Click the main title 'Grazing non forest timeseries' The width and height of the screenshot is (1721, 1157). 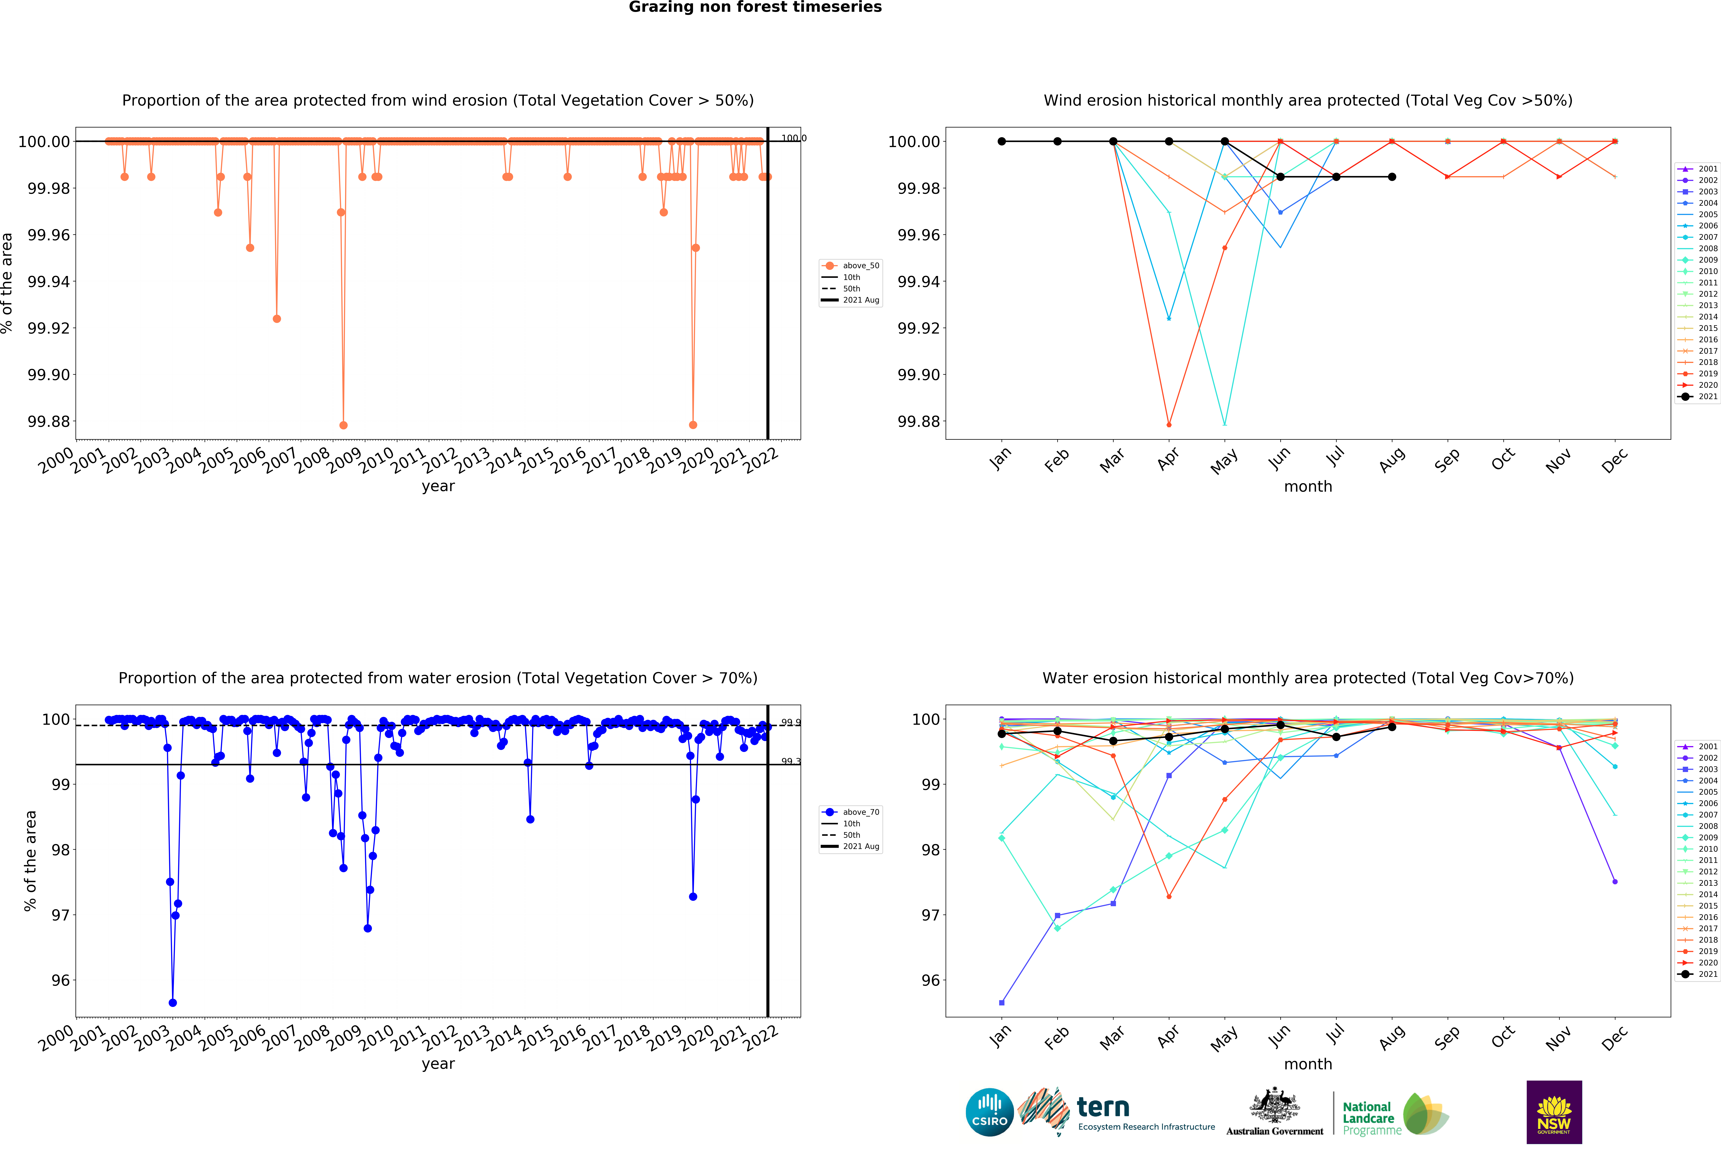point(755,7)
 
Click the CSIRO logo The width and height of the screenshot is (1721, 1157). point(989,1112)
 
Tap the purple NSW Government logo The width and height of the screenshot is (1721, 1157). point(1554,1112)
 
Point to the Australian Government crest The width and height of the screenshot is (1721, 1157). point(1274,1105)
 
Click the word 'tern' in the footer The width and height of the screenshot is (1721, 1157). point(1103,1107)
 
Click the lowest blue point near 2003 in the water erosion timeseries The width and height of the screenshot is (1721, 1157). point(173,1003)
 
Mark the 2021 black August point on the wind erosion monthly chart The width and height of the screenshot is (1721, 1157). point(1391,177)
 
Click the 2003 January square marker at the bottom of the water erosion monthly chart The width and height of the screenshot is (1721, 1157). point(1002,1003)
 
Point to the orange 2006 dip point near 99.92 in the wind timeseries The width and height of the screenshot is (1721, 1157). point(277,319)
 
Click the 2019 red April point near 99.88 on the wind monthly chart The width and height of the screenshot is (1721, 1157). point(1168,425)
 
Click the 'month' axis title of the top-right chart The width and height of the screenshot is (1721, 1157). point(1308,487)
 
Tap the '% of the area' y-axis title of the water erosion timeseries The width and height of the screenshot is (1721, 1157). point(30,860)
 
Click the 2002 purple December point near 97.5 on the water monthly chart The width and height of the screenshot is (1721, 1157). point(1615,882)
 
